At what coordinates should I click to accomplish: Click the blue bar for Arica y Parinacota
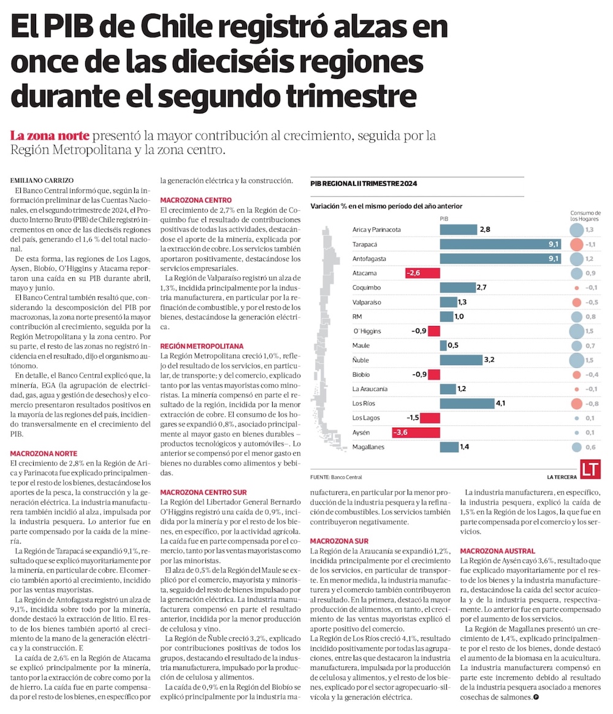click(x=458, y=229)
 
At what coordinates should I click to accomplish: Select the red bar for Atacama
click(x=422, y=273)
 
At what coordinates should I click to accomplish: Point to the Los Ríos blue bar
click(x=466, y=403)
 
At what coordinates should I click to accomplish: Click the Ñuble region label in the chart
click(x=360, y=360)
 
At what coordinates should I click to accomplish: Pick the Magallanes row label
click(x=368, y=447)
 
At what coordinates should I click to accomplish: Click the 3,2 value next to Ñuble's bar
click(x=489, y=360)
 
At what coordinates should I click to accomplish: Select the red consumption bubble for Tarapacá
click(x=576, y=245)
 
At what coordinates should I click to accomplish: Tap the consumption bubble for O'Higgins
click(x=576, y=332)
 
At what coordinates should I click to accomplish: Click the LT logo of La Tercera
click(x=590, y=469)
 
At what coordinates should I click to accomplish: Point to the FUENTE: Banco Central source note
click(x=336, y=477)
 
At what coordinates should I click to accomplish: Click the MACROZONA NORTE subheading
click(x=44, y=454)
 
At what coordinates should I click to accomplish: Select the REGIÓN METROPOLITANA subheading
click(x=202, y=346)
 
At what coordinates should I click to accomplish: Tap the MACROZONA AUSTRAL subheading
click(x=497, y=551)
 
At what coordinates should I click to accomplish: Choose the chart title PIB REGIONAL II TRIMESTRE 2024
click(x=364, y=183)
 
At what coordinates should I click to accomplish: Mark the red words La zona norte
click(x=50, y=135)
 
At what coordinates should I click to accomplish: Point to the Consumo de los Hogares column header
click(x=585, y=215)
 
